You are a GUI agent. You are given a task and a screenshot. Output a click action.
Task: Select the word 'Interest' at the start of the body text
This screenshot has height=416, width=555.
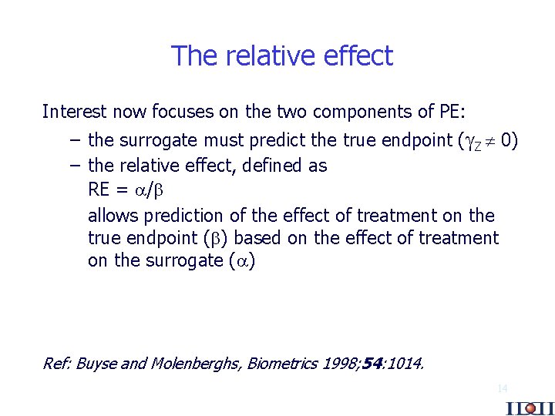(73, 112)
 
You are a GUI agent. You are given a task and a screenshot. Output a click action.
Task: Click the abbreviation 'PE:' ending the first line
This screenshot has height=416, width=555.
(451, 112)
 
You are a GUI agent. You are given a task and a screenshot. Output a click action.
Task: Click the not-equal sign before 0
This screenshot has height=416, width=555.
(491, 140)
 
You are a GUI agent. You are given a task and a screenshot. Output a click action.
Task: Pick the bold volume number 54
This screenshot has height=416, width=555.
(372, 364)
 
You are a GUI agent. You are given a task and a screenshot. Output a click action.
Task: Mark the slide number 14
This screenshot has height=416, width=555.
(502, 389)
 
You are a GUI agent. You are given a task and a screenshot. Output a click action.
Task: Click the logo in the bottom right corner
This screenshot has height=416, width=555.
(530, 408)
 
